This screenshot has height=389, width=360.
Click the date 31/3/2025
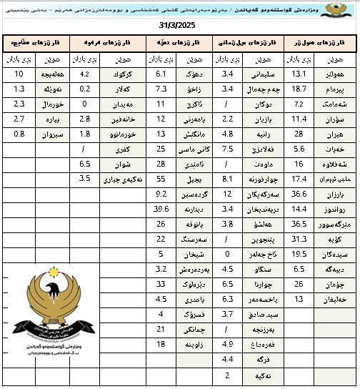[x=178, y=26]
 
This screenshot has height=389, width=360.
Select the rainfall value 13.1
[x=299, y=74]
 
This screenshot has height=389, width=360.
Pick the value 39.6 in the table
[x=161, y=208]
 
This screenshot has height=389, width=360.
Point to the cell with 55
[x=161, y=178]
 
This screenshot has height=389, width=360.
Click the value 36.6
[x=299, y=193]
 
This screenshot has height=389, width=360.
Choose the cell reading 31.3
[x=299, y=238]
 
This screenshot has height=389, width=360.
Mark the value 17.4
[x=299, y=178]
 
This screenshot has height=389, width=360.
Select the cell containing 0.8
[x=19, y=134]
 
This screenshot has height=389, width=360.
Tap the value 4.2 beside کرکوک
[x=85, y=74]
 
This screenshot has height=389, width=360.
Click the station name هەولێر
[x=334, y=74]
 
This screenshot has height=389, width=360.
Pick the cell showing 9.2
[x=161, y=193]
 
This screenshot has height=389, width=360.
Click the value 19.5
[x=299, y=253]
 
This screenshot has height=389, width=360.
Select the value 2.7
[x=19, y=119]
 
